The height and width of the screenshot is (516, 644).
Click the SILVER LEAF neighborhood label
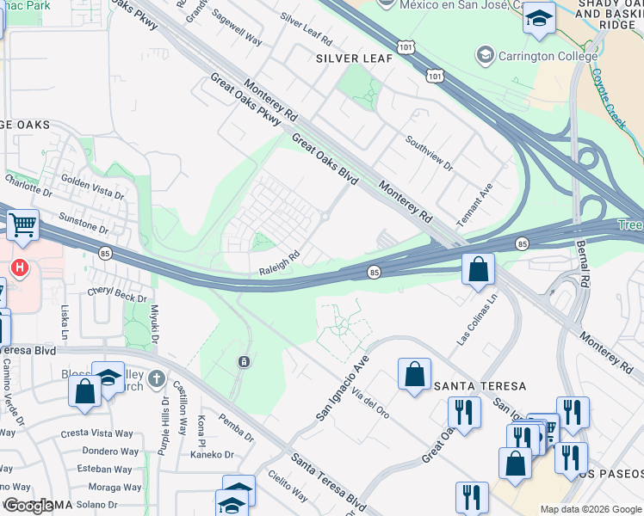(354, 58)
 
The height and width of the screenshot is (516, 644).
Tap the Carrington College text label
(548, 57)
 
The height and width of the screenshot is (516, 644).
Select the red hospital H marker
(21, 268)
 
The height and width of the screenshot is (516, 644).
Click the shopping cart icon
(23, 225)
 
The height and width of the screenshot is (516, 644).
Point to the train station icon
(245, 361)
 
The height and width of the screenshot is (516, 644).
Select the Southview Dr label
(429, 151)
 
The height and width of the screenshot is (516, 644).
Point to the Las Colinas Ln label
(478, 326)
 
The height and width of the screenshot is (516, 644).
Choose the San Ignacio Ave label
(342, 388)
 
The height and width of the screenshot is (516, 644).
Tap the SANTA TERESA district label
(480, 386)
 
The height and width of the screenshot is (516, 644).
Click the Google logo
(28, 506)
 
